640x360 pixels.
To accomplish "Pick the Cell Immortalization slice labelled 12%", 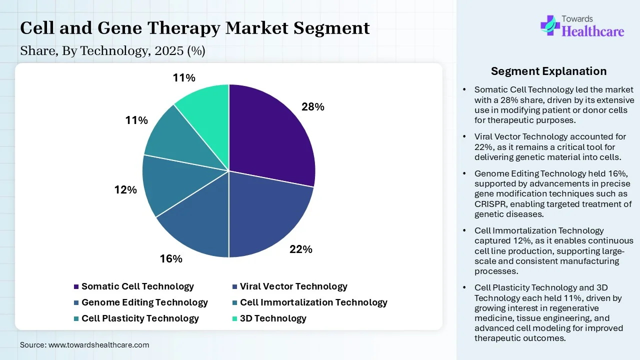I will (x=162, y=185).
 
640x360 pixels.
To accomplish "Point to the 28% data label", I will (x=313, y=106).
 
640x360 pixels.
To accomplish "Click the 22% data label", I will (x=301, y=249).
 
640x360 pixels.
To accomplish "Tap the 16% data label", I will (x=171, y=258).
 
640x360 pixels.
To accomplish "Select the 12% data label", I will (x=125, y=190).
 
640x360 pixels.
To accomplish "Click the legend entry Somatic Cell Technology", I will (x=137, y=286).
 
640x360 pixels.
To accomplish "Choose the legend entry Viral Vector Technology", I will (x=293, y=286).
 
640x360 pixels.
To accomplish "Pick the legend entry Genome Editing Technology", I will (x=144, y=302).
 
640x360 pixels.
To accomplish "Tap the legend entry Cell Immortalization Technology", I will (x=313, y=302).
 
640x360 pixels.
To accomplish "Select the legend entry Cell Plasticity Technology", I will (x=140, y=318).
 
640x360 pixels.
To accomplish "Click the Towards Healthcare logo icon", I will (x=550, y=25).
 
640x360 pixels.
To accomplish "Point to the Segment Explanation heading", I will (x=548, y=71).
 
